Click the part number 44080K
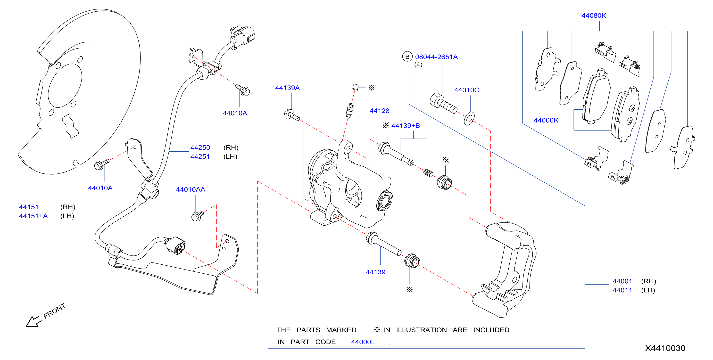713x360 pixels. coord(594,16)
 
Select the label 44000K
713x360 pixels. coord(546,120)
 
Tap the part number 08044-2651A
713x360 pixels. coord(436,57)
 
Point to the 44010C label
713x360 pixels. coord(467,90)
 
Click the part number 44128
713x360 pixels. coord(379,111)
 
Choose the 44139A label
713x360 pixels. coord(287,88)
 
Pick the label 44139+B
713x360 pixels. coord(406,126)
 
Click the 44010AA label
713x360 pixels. coord(191,189)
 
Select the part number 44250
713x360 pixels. coord(200,147)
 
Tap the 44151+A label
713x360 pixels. coord(33,216)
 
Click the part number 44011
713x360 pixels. coord(622,290)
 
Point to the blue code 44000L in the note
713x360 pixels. coord(363,342)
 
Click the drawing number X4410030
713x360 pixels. coord(665,348)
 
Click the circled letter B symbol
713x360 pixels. coord(407,57)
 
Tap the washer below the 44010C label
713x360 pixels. coord(469,119)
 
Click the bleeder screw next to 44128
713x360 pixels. coord(349,110)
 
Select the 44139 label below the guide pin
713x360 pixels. coord(375,272)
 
